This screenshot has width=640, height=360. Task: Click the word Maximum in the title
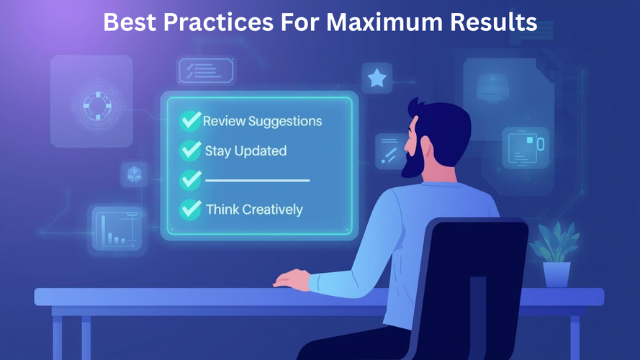click(x=384, y=22)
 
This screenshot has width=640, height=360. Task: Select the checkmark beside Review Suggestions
click(x=190, y=120)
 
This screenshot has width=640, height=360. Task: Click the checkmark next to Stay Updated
click(x=190, y=150)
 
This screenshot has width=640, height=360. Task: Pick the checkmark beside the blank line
click(x=190, y=180)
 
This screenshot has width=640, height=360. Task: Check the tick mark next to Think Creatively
click(x=190, y=210)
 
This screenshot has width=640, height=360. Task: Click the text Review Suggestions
click(x=263, y=122)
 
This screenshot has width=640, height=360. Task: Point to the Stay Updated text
click(x=245, y=151)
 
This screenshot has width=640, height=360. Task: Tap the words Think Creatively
click(x=254, y=210)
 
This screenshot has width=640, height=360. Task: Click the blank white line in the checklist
click(x=257, y=180)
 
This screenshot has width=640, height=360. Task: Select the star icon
click(x=377, y=78)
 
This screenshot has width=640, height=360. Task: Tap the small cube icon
click(x=135, y=174)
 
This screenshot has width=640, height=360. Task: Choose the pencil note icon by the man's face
click(x=389, y=151)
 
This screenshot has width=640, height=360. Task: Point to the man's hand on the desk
click(x=293, y=279)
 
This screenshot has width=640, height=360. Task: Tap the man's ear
click(x=426, y=145)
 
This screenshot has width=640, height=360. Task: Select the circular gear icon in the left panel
click(x=97, y=106)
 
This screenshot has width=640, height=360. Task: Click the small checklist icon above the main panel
click(x=206, y=71)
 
